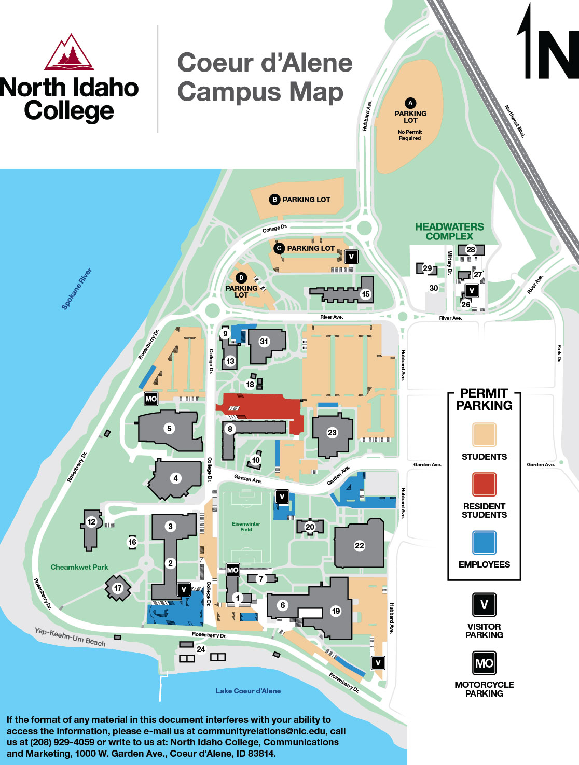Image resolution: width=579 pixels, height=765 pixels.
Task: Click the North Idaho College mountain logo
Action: click(x=69, y=52)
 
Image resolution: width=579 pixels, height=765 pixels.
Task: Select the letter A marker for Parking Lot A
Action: click(x=410, y=103)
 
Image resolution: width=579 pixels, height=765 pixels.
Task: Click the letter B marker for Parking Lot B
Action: click(x=274, y=200)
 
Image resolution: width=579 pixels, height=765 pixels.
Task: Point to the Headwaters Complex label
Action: click(x=449, y=232)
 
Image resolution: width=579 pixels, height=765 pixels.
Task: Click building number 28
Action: click(x=471, y=250)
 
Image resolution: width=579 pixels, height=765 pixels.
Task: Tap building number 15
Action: click(x=366, y=294)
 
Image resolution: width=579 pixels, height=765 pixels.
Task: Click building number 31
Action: click(x=264, y=342)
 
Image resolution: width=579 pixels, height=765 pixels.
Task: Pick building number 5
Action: click(x=169, y=429)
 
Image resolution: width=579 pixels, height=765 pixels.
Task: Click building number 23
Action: click(x=332, y=433)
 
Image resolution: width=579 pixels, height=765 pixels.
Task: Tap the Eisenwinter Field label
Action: click(x=246, y=527)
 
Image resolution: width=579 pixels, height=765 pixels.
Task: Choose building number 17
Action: click(x=118, y=588)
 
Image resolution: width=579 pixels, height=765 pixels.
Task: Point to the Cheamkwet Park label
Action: click(x=79, y=567)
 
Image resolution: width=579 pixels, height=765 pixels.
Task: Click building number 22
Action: click(x=360, y=546)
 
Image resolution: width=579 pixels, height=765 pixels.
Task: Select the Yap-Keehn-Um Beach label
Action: click(x=70, y=637)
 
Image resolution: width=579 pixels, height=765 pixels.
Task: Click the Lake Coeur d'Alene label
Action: click(x=248, y=691)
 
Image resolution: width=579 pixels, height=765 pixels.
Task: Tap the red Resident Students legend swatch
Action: click(x=484, y=484)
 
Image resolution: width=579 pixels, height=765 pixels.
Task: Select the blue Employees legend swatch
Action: click(x=484, y=542)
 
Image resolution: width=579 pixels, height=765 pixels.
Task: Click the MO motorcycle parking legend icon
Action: click(x=484, y=663)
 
